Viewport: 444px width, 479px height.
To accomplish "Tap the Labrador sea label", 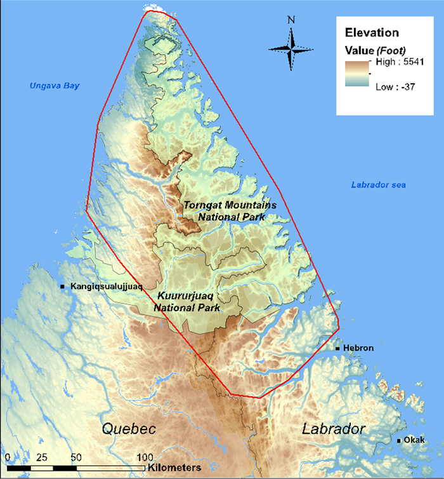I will coord(378,185).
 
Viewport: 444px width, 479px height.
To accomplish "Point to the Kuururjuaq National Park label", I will coord(187,302).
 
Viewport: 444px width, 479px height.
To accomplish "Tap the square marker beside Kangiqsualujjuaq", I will coord(63,287).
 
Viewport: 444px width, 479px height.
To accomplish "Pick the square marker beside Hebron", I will coord(338,348).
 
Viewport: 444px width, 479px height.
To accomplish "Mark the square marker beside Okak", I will coord(399,440).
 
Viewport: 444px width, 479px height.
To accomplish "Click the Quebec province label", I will coord(129,429).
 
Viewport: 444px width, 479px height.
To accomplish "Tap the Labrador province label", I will coord(333,429).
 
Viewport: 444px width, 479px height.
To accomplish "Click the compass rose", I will coord(291,49).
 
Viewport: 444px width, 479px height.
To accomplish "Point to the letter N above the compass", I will coord(291,20).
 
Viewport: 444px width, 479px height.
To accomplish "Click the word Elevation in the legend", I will coord(371,32).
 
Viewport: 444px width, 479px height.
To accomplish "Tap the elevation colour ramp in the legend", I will coord(358,74).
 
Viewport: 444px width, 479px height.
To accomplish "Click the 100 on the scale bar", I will coord(145,457).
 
